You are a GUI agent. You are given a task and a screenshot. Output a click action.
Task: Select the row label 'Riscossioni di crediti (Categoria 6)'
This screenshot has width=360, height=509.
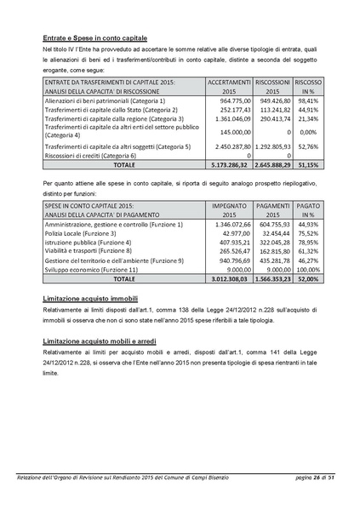pyautogui.click(x=89, y=156)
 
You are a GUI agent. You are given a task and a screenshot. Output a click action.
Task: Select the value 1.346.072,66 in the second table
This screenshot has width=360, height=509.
pyautogui.click(x=227, y=225)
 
